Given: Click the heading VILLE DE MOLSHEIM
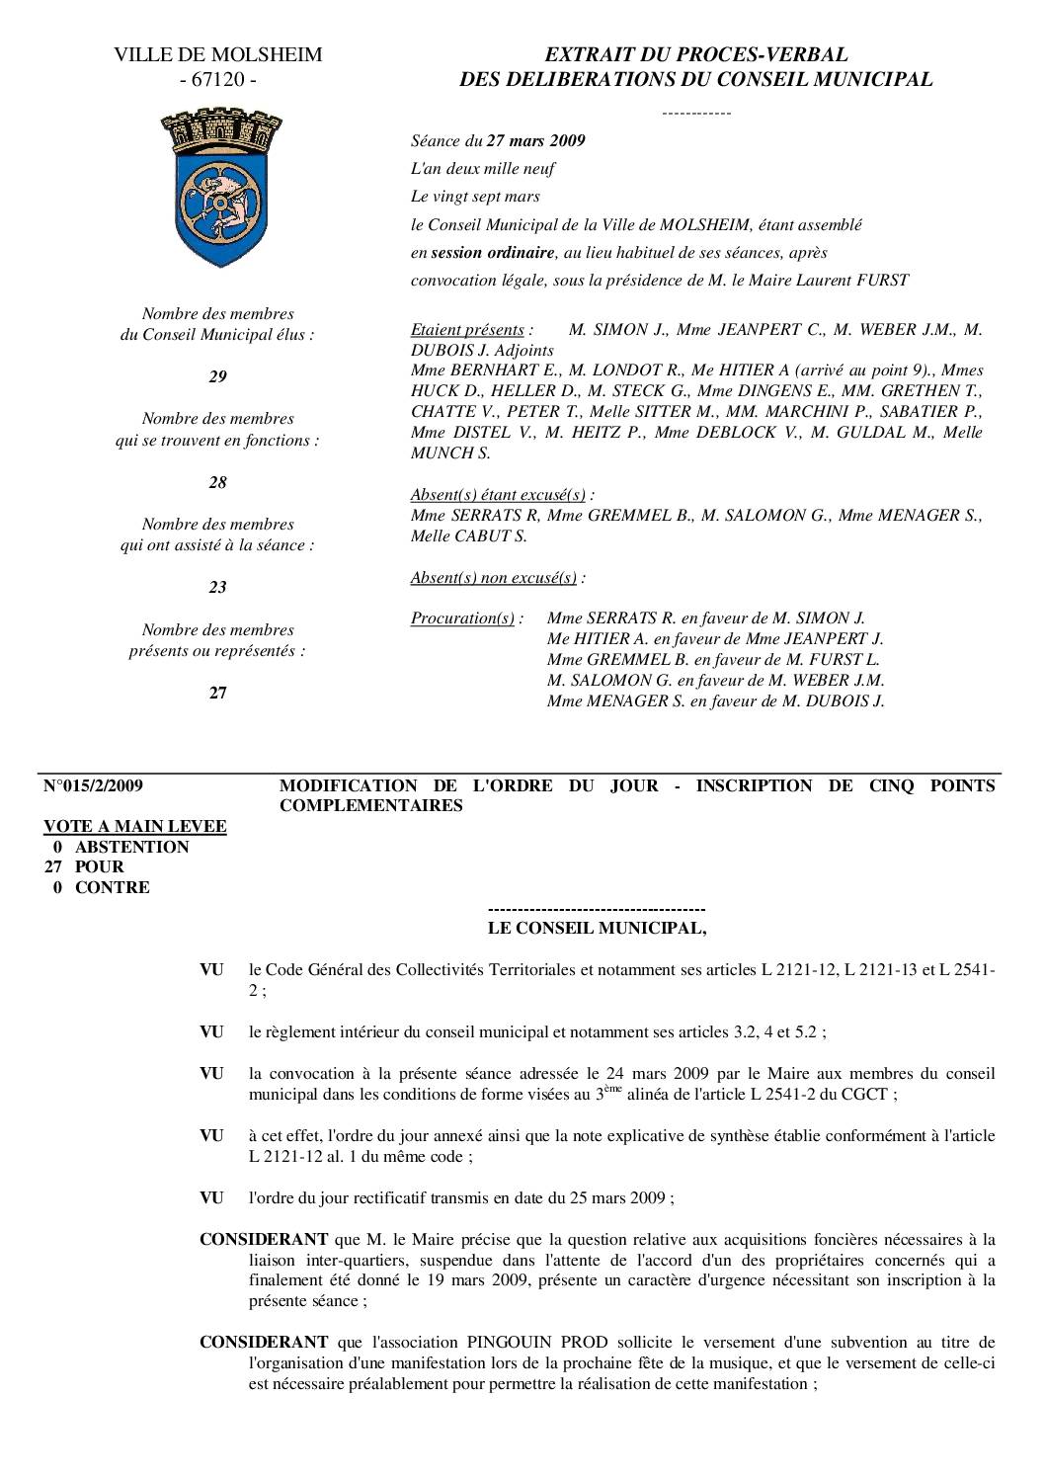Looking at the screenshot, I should [217, 55].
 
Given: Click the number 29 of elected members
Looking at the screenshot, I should [217, 376].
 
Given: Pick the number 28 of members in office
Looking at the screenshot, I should [217, 482].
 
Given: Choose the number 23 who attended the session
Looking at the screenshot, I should [217, 587].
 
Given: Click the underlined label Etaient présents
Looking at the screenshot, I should [467, 329].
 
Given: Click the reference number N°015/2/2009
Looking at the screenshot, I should [93, 785].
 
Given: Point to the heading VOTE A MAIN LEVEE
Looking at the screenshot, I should [134, 826].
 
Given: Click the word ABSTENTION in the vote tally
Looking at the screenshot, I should [131, 847].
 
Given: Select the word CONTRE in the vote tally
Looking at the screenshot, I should [113, 887].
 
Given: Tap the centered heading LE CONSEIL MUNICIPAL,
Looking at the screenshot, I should [598, 928].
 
